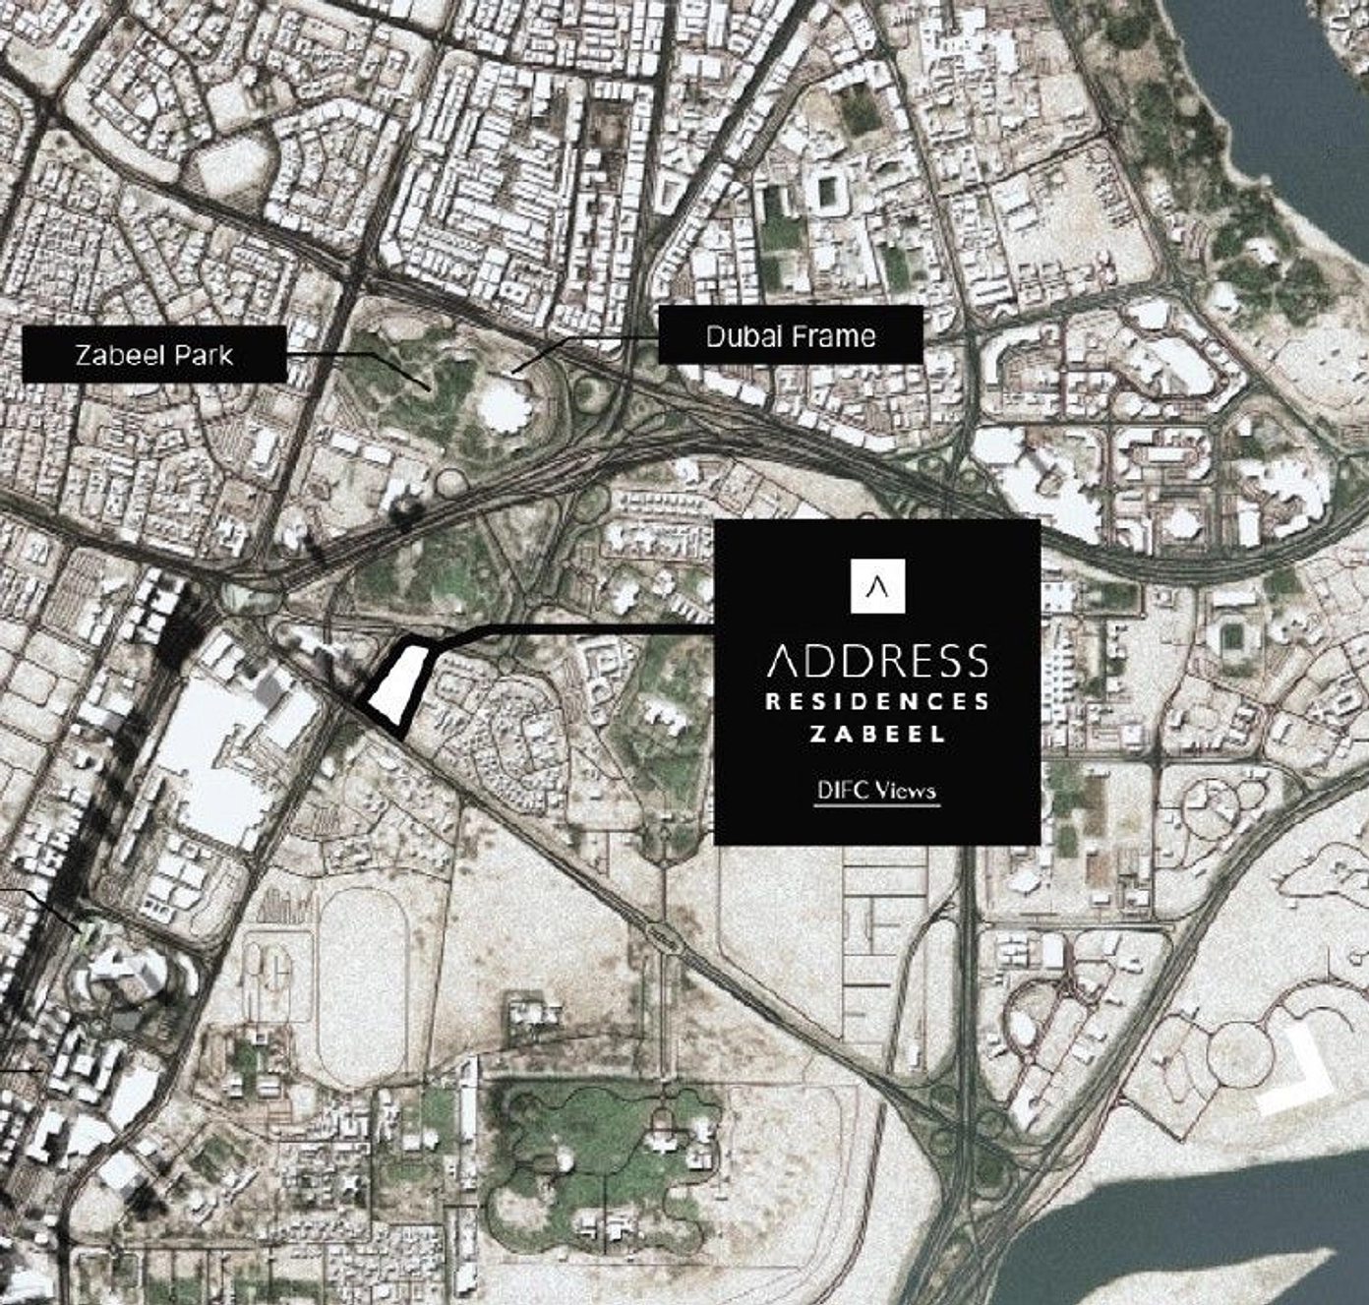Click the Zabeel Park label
[x=154, y=355]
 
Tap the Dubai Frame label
[x=791, y=335]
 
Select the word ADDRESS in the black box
[x=877, y=662]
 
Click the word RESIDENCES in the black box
[x=877, y=702]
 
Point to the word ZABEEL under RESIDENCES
[x=877, y=734]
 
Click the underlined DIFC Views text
[x=877, y=792]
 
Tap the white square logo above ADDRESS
[x=877, y=586]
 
